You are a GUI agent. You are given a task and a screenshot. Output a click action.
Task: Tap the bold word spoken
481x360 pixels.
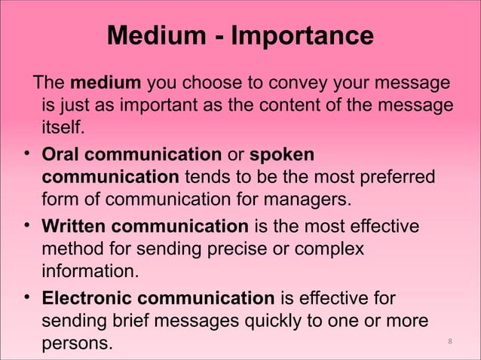(x=282, y=154)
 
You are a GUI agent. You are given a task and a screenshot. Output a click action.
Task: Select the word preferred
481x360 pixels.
(x=390, y=178)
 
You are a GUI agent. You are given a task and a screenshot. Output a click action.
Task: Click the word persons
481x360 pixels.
(x=76, y=344)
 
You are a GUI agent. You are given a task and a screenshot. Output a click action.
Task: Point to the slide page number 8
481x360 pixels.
(x=449, y=343)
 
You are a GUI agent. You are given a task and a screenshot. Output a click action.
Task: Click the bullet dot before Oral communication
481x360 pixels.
(x=26, y=154)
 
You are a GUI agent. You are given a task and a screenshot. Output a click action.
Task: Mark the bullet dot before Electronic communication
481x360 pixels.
(x=26, y=297)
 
